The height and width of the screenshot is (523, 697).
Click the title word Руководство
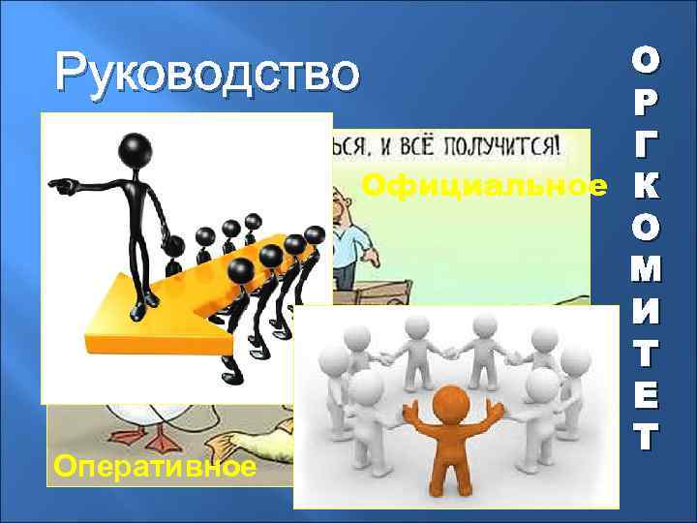[x=207, y=74]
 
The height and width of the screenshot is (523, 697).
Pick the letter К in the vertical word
[x=647, y=187]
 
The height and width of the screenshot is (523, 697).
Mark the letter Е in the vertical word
[x=647, y=397]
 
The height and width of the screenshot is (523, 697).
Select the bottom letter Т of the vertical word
[x=647, y=438]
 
